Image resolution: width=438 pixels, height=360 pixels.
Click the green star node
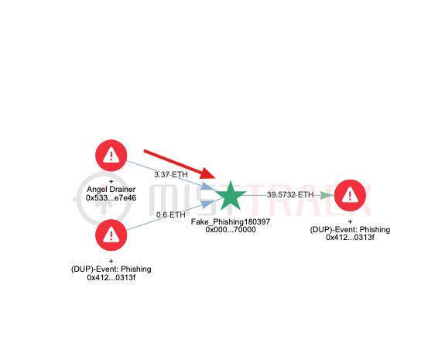click(231, 196)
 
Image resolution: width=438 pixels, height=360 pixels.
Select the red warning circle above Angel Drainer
click(111, 156)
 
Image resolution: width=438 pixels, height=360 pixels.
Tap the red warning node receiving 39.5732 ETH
click(350, 195)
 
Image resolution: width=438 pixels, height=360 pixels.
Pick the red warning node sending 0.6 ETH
click(111, 235)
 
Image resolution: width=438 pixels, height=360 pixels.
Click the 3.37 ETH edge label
click(171, 174)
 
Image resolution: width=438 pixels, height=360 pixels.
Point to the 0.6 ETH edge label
click(171, 214)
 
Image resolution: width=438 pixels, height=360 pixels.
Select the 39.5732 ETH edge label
click(290, 194)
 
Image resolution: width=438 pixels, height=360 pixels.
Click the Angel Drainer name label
click(111, 189)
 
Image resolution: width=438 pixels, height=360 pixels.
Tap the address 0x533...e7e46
click(111, 198)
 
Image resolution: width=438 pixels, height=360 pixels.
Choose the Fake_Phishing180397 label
click(231, 221)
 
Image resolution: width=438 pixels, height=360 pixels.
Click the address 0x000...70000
click(231, 229)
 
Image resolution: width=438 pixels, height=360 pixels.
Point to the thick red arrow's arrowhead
click(207, 174)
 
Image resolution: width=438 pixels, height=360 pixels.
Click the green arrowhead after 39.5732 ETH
click(327, 195)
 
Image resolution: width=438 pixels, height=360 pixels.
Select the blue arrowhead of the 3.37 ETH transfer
click(207, 187)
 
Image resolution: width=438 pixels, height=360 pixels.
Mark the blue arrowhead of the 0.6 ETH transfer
click(207, 204)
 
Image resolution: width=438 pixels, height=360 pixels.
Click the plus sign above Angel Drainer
click(111, 181)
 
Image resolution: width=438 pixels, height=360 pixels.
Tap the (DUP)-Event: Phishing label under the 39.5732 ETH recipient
click(350, 229)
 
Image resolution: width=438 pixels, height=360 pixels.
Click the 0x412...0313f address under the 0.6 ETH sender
click(111, 277)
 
